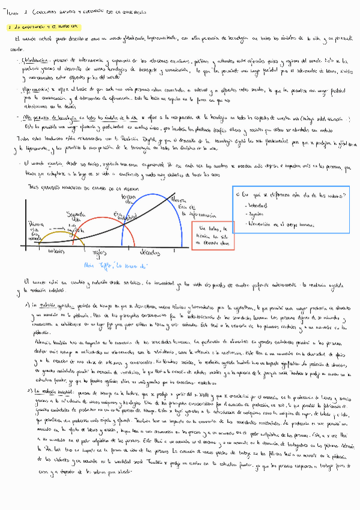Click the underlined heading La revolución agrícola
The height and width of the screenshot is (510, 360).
57,304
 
